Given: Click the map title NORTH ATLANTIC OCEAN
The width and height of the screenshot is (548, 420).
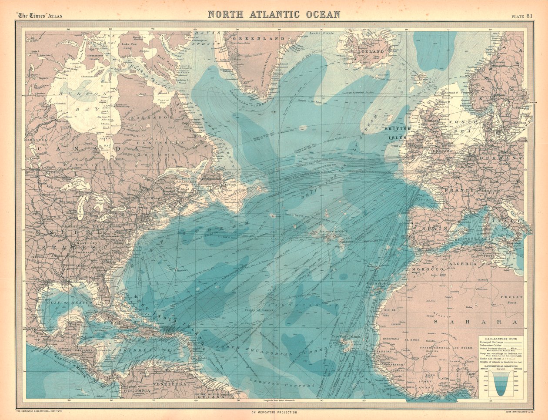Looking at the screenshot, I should click(274, 14).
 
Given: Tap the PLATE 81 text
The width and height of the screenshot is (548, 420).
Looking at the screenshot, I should click(521, 16).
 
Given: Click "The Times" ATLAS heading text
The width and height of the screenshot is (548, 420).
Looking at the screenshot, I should click(39, 16).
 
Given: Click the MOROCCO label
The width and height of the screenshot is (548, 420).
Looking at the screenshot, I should click(427, 270).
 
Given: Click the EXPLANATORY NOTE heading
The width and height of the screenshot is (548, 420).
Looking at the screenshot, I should click(500, 338).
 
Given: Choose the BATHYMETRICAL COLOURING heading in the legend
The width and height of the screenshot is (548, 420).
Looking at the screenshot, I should click(500, 366).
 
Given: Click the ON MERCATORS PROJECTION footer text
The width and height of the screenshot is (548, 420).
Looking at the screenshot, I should click(274, 412).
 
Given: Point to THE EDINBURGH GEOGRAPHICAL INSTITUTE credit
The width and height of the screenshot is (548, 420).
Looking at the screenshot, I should click(39, 411).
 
